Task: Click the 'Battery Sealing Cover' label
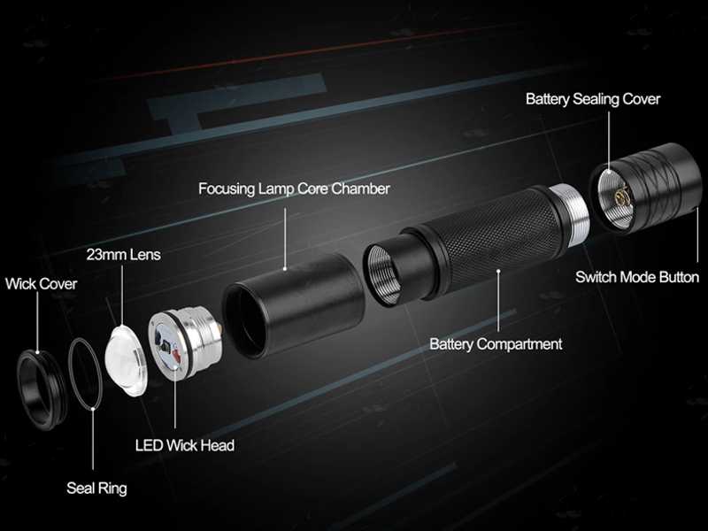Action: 593,99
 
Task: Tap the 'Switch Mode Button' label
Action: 637,277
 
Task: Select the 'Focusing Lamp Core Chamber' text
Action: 294,189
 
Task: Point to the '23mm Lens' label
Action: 124,254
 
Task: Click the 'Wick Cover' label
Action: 41,284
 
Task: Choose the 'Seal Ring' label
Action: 96,488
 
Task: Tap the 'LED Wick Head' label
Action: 184,445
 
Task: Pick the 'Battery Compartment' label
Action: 496,344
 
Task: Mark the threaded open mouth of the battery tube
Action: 381,272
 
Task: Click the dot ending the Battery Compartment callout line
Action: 497,272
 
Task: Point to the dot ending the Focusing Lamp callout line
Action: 284,265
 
